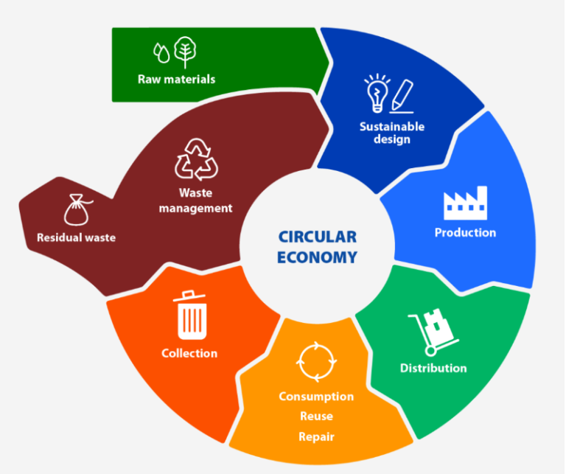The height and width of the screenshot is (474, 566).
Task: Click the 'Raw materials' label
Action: pos(177,79)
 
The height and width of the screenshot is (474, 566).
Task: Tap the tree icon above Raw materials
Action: pos(185,52)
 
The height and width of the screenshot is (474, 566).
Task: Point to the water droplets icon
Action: pos(161,53)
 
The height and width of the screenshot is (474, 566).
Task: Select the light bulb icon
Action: pos(377,93)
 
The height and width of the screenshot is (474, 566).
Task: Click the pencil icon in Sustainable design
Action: pos(402,96)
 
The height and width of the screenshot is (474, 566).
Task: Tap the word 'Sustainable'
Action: pos(392,126)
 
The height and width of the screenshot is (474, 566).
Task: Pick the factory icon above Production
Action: pos(465,203)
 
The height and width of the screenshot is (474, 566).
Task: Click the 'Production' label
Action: pos(465,232)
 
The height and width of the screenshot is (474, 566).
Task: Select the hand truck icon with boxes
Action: pos(433,332)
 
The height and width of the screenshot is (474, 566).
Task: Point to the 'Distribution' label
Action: pos(433,368)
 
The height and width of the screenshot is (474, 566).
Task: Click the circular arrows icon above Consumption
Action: pos(317,362)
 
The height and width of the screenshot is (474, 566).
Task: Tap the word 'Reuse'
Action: pos(317,416)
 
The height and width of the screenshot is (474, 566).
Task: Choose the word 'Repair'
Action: pos(317,437)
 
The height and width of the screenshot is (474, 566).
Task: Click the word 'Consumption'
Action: pos(317,397)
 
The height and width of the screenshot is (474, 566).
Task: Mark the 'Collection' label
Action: pos(189,353)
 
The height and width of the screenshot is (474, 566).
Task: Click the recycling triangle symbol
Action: pos(196,159)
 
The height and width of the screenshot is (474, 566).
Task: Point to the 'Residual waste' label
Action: pos(76,237)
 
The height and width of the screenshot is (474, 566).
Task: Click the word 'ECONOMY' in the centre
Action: pos(318,257)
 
